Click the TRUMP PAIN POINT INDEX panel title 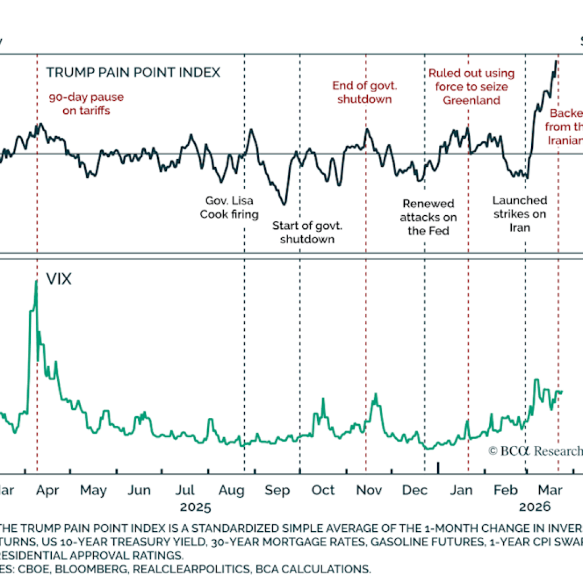[133, 72]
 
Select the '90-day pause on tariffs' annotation [85, 104]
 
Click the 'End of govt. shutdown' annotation [364, 92]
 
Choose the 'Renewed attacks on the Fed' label [428, 217]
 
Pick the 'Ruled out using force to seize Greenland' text [471, 87]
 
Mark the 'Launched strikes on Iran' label [520, 214]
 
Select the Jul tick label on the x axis [186, 490]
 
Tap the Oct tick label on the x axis [323, 490]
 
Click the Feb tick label [506, 490]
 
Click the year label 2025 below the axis [195, 507]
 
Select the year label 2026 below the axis [535, 507]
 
